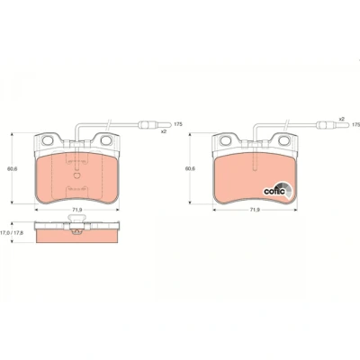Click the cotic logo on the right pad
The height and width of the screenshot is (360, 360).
point(277,190)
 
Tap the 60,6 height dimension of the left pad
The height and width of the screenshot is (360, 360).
point(13,168)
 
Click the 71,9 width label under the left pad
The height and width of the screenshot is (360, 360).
point(77,210)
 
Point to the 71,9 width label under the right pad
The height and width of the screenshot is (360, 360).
point(255,210)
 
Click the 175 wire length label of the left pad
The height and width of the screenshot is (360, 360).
point(178,124)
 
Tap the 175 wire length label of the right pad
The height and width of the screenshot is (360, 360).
point(355,124)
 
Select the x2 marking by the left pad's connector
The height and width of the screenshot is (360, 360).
point(164,131)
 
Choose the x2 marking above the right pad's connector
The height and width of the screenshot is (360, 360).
point(341,119)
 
